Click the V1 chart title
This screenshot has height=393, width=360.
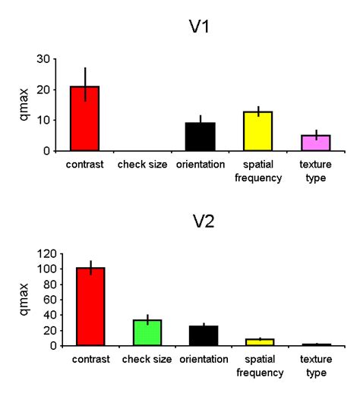click(201, 28)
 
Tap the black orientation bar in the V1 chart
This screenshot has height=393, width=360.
click(200, 137)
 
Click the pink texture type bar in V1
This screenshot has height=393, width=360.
click(315, 143)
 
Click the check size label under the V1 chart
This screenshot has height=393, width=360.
click(142, 163)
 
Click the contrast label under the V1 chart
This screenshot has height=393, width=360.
click(84, 163)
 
